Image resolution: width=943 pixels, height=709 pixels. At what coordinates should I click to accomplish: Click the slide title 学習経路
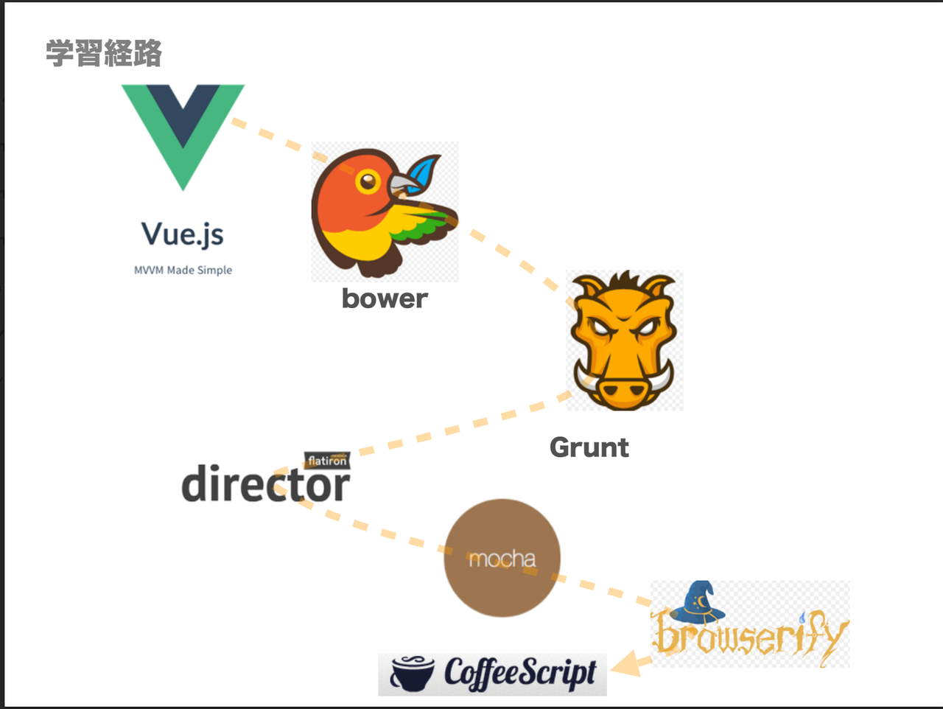point(104,54)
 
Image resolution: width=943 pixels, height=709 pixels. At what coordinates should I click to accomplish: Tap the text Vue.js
point(183,234)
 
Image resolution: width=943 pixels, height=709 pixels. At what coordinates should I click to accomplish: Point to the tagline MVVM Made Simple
point(183,270)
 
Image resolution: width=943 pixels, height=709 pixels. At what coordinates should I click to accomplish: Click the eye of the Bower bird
point(367,180)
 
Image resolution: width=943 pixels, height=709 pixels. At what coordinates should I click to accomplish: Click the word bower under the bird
point(385,298)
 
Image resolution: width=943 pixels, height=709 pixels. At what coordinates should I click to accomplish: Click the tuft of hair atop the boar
point(625,281)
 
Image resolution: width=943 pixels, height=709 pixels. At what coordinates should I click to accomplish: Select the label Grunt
point(589,447)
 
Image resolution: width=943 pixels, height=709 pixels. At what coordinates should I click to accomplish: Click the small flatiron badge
point(327,461)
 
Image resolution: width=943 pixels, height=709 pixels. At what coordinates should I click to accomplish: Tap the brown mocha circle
point(502,558)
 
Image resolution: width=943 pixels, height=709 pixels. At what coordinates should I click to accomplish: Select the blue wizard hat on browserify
point(699,598)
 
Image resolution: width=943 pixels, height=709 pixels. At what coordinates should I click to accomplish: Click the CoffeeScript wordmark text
point(520,673)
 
